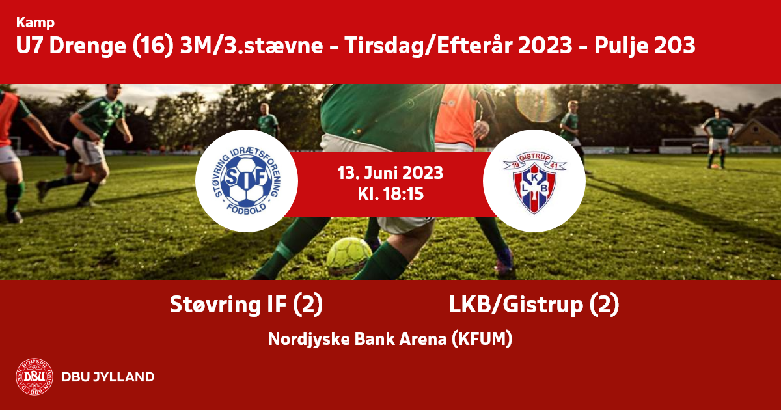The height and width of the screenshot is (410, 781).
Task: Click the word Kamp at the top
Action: tap(35, 23)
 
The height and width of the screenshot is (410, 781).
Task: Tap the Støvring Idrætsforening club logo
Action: tap(247, 181)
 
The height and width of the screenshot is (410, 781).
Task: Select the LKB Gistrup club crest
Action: tap(534, 183)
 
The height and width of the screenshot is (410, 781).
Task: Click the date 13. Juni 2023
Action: tap(390, 173)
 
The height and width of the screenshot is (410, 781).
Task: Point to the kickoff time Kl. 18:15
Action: tap(390, 194)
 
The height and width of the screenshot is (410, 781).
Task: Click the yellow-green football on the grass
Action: tap(349, 256)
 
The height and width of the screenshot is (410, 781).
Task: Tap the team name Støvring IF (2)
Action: tap(246, 305)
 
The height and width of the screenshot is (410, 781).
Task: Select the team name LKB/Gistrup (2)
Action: tap(534, 305)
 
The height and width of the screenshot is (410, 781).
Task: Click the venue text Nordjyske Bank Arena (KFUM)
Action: tap(390, 339)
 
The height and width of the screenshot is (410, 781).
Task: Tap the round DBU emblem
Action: tap(34, 377)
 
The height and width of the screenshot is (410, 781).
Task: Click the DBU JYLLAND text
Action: tap(108, 377)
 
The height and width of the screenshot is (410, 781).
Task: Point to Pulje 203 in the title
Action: tap(645, 46)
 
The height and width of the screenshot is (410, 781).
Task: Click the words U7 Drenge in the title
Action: tap(71, 46)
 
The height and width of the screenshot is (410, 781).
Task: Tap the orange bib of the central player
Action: tap(456, 115)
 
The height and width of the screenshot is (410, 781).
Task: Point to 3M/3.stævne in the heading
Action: tap(251, 46)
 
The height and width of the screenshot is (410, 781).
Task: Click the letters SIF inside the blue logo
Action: tap(246, 178)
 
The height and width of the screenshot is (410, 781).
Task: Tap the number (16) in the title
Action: tap(153, 46)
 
